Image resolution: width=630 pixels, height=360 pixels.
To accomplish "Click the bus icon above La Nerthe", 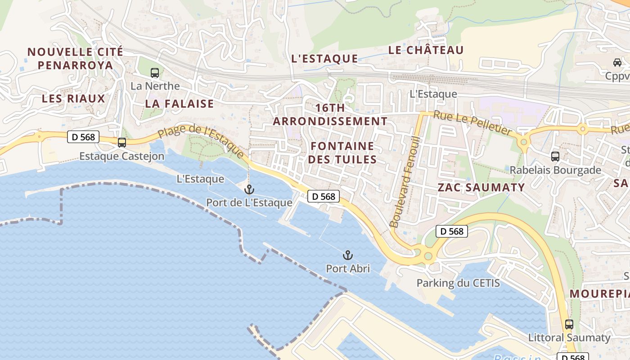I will pyautogui.click(x=154, y=72).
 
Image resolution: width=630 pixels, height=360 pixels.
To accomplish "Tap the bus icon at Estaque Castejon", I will pyautogui.click(x=121, y=143).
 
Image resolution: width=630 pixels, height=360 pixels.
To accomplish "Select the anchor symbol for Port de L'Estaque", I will pyautogui.click(x=249, y=189).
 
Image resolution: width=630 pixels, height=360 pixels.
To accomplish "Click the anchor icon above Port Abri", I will pyautogui.click(x=347, y=256).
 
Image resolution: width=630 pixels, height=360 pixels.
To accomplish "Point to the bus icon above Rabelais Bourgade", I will pyautogui.click(x=555, y=157).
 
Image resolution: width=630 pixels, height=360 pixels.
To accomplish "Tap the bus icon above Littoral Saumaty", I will pyautogui.click(x=569, y=324).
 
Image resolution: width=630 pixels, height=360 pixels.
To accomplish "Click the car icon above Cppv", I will pyautogui.click(x=617, y=63).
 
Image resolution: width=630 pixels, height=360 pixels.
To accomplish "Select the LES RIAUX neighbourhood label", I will pyautogui.click(x=73, y=99).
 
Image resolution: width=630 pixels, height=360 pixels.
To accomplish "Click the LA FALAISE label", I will pyautogui.click(x=179, y=103).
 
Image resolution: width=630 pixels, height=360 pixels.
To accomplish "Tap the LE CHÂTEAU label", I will pyautogui.click(x=426, y=50).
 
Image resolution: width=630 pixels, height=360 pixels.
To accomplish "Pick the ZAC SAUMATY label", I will pyautogui.click(x=481, y=187).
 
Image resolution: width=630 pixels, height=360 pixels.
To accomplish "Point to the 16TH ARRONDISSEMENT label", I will pyautogui.click(x=330, y=114).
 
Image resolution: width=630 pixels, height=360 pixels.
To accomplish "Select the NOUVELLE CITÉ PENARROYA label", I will pyautogui.click(x=75, y=58).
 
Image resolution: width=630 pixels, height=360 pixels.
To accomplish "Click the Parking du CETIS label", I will pyautogui.click(x=458, y=283).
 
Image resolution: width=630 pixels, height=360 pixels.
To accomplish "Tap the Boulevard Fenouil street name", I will pyautogui.click(x=404, y=181).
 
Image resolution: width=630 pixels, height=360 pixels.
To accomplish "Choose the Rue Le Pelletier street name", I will pyautogui.click(x=472, y=123).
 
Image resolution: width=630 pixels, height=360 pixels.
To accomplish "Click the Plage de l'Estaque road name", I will pyautogui.click(x=201, y=139).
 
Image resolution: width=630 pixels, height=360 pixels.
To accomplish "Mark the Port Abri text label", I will pyautogui.click(x=348, y=269).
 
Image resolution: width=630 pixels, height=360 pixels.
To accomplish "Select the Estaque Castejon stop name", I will pyautogui.click(x=121, y=156).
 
